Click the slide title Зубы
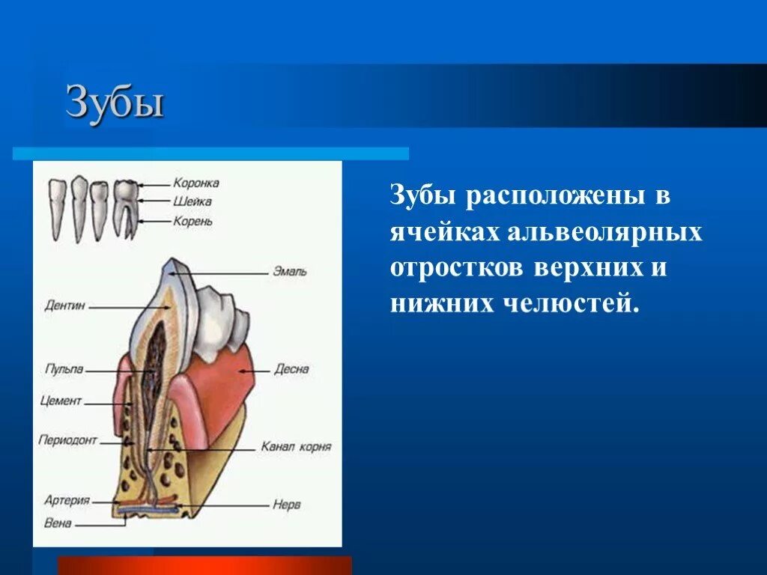click(x=115, y=103)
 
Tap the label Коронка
click(x=195, y=182)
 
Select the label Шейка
click(x=192, y=201)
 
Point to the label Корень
click(x=193, y=221)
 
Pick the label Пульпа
click(x=64, y=369)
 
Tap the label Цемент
click(x=61, y=401)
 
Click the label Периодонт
click(x=68, y=440)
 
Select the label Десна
click(x=291, y=369)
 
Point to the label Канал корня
click(x=296, y=447)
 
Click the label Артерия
click(x=67, y=499)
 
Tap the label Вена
click(x=58, y=523)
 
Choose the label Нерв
click(x=287, y=505)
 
